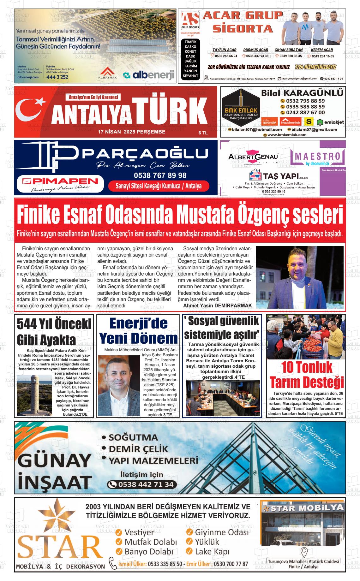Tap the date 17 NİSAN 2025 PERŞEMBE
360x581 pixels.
(x=131, y=132)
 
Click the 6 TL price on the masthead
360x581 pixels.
(x=203, y=133)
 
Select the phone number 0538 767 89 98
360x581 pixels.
(x=160, y=175)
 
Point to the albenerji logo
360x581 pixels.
(x=149, y=75)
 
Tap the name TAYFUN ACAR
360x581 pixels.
(x=224, y=50)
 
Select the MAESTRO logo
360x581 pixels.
(x=318, y=157)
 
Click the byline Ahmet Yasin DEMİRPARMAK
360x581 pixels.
(x=217, y=305)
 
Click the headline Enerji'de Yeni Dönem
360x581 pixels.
(x=138, y=331)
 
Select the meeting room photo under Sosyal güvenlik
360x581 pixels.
(x=223, y=398)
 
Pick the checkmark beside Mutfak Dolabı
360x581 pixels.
(x=119, y=542)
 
